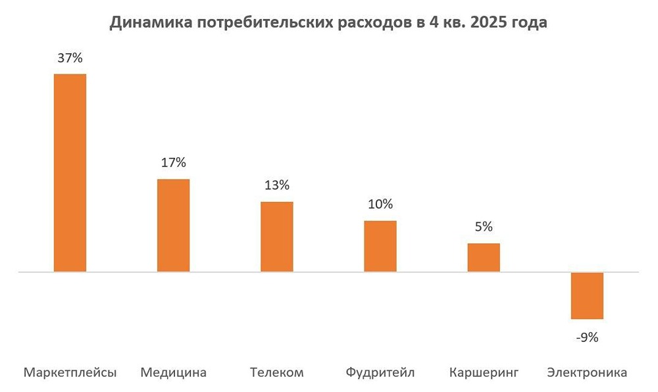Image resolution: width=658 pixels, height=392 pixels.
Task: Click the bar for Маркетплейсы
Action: tap(70, 172)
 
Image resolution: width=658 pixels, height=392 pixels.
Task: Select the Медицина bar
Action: tap(173, 225)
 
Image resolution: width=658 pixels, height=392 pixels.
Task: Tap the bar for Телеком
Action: tap(277, 236)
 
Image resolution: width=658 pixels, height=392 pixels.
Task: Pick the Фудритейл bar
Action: tap(380, 246)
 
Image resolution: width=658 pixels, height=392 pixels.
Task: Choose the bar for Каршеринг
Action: tap(484, 257)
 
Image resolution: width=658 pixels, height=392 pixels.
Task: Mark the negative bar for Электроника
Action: tap(587, 295)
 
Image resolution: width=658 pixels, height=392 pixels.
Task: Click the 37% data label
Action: tap(70, 58)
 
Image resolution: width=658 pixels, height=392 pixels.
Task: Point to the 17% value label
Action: tap(173, 162)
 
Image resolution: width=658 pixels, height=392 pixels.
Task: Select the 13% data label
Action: tap(276, 185)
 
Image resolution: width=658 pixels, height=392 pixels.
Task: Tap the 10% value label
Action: tap(380, 204)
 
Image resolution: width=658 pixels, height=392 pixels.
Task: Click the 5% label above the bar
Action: tap(484, 227)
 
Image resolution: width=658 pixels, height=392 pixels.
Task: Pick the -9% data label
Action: tap(586, 337)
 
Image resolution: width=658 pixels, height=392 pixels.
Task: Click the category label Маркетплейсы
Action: tap(70, 373)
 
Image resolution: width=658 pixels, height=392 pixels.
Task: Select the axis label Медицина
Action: tap(174, 373)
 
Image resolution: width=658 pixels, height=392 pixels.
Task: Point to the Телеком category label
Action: tap(277, 373)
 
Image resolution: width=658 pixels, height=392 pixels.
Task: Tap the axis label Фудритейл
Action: tap(380, 373)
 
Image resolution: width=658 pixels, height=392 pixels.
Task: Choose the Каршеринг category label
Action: tap(484, 373)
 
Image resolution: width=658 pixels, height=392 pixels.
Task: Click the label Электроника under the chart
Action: tap(587, 373)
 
